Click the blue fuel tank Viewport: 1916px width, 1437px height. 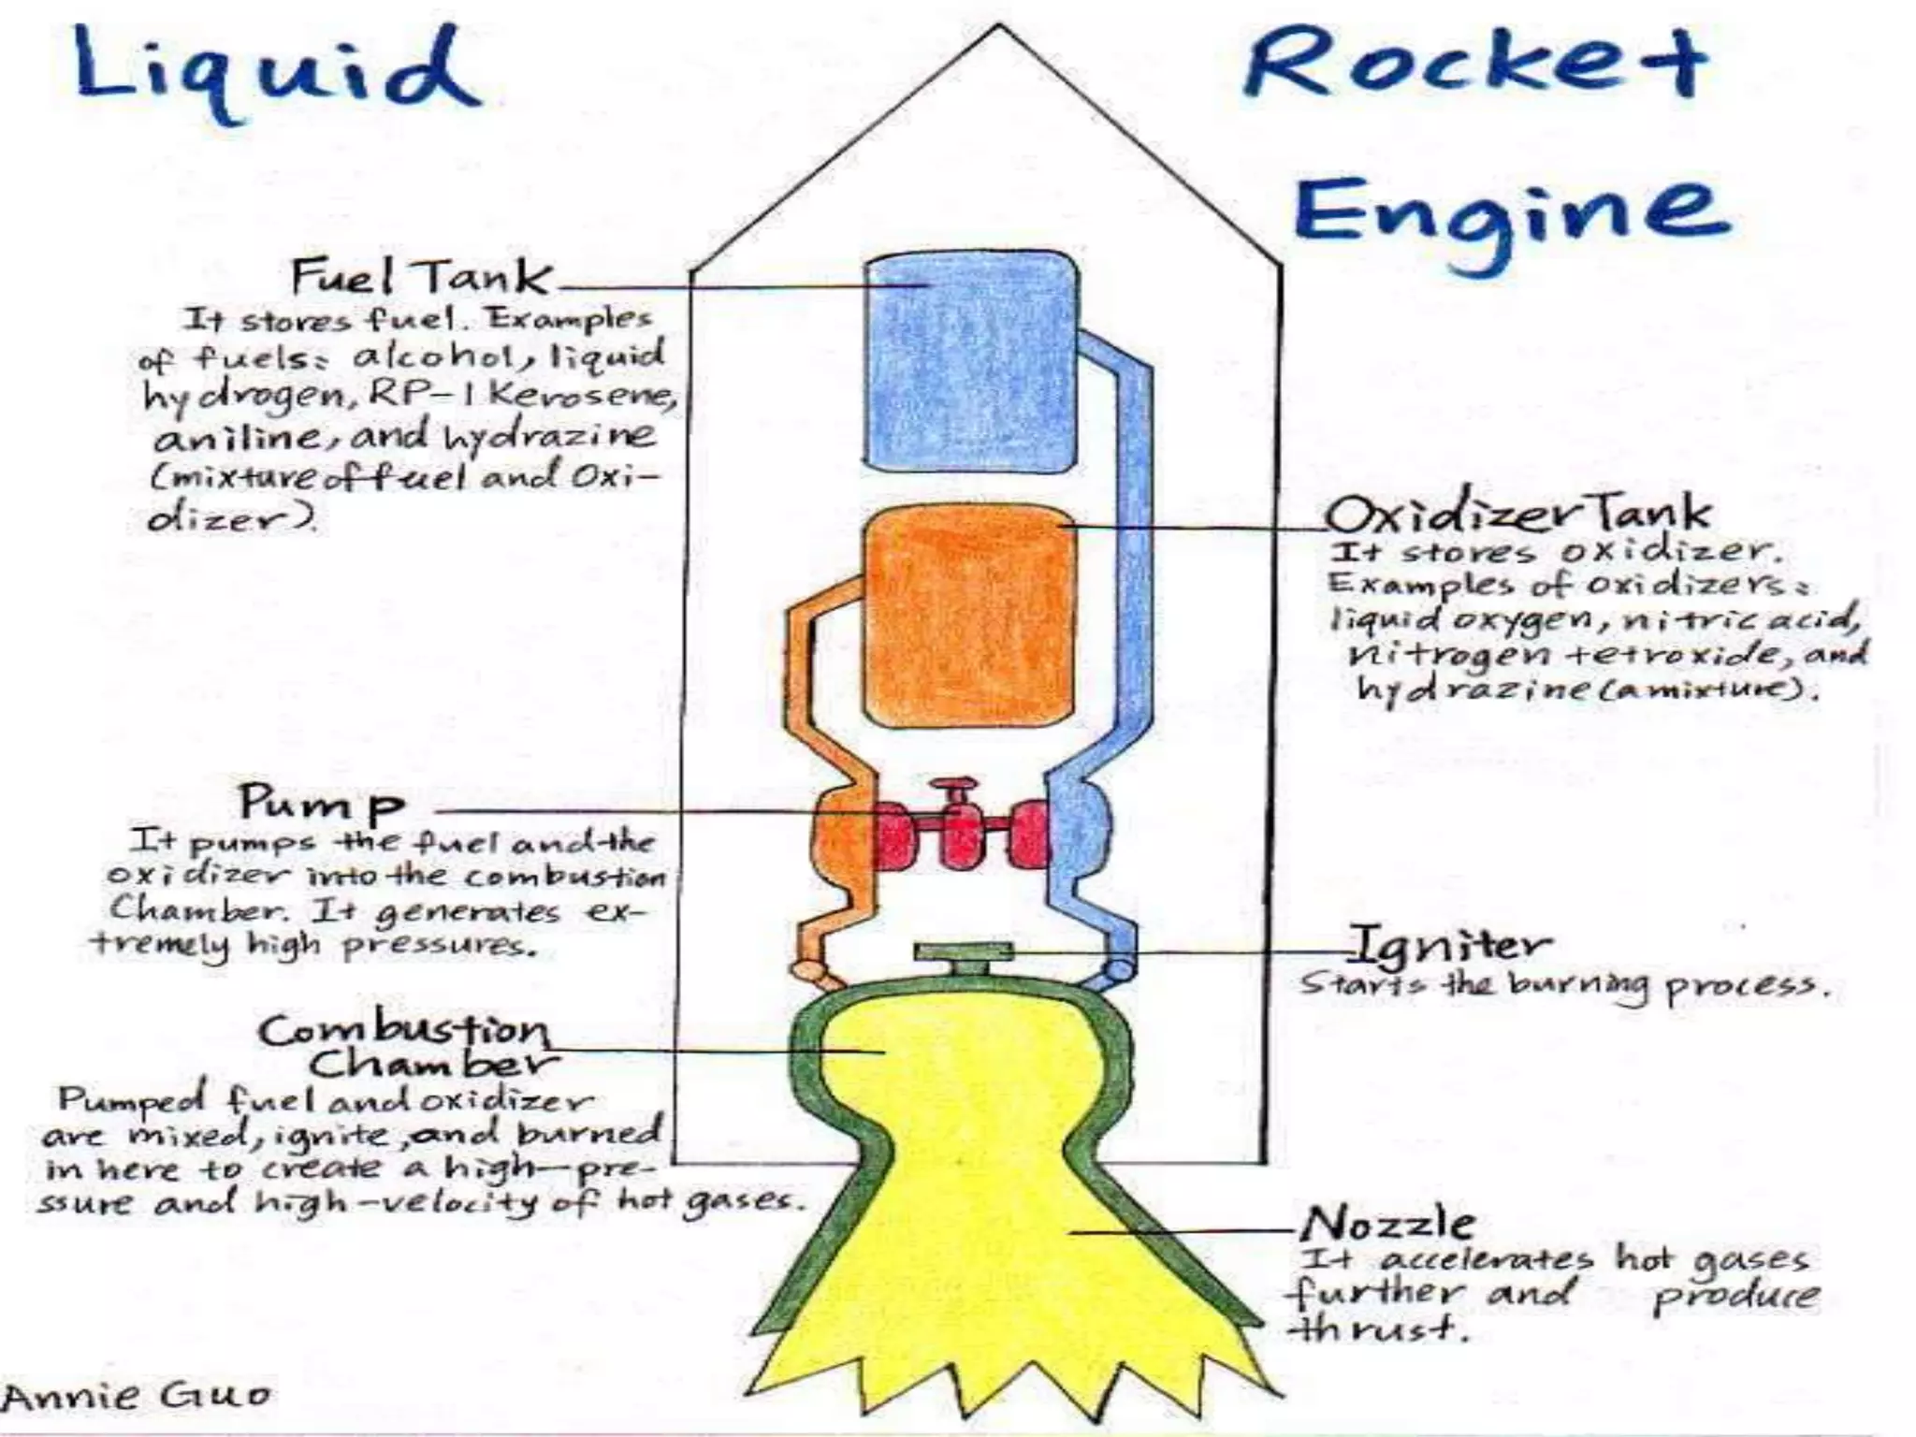(x=969, y=363)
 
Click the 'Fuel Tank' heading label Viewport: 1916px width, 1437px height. (x=421, y=277)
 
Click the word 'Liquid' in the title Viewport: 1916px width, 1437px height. (x=277, y=71)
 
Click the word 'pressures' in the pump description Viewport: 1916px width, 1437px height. (x=440, y=945)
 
